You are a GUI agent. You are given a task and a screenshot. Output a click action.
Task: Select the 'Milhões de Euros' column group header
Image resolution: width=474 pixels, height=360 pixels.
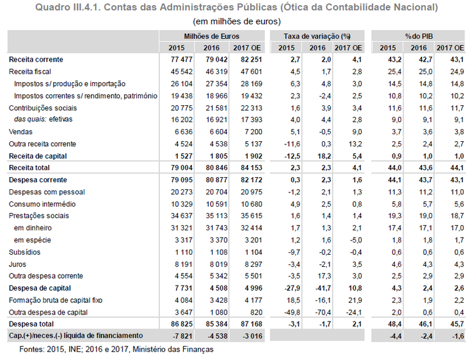coord(211,36)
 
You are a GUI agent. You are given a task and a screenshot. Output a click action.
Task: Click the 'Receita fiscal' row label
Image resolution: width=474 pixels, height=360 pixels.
coord(30,71)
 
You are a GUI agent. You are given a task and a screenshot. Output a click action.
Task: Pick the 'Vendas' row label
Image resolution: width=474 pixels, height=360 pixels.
coord(20,132)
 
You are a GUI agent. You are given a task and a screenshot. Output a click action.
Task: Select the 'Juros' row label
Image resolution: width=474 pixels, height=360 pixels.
coord(18,263)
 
